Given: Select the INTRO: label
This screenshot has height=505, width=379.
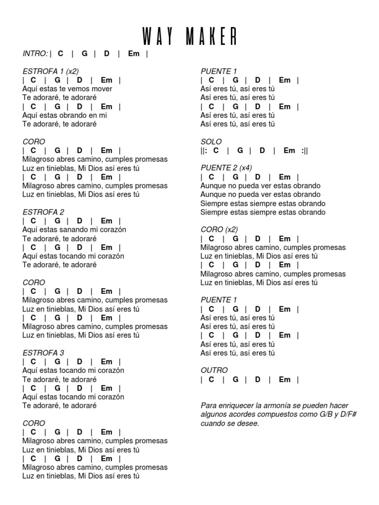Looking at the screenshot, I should (x=35, y=53).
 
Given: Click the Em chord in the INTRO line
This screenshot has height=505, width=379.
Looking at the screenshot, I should (x=134, y=53).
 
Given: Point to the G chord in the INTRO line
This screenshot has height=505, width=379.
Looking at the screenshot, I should (x=84, y=53).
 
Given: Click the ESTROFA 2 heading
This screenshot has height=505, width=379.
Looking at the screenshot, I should (x=43, y=212).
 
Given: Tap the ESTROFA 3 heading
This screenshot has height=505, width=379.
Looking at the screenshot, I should (x=43, y=353).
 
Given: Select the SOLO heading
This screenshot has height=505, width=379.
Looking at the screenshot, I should (x=211, y=142).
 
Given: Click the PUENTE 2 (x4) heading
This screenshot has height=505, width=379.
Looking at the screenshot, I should (x=227, y=168).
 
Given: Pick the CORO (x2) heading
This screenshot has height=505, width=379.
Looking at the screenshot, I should (x=219, y=230).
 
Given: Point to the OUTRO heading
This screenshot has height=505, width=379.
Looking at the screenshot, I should (x=214, y=370).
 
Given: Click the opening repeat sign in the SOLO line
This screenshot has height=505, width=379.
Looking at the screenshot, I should (x=205, y=150).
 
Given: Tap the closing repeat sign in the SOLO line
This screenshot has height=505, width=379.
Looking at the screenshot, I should (x=304, y=150).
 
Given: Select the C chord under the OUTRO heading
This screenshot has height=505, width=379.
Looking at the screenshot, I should (x=211, y=379).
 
